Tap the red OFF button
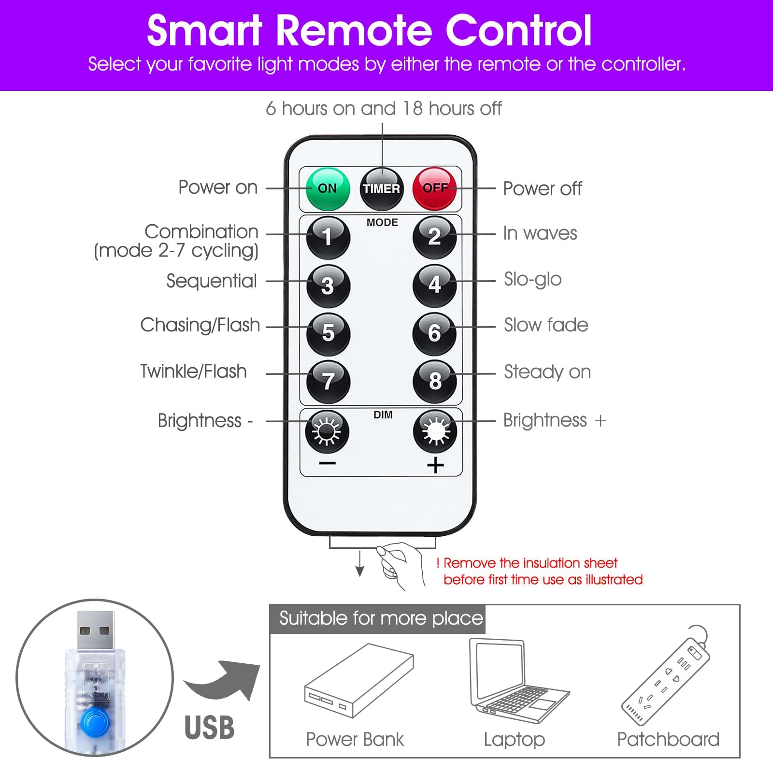[x=434, y=188]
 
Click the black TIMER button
[x=382, y=189]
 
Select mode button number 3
[x=328, y=286]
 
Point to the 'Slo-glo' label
[x=532, y=280]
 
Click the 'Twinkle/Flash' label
[x=193, y=372]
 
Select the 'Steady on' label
[x=547, y=372]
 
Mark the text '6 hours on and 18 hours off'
[x=384, y=109]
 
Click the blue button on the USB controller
[x=96, y=723]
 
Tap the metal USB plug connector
[x=95, y=630]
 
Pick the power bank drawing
[x=359, y=680]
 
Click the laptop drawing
[x=519, y=681]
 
